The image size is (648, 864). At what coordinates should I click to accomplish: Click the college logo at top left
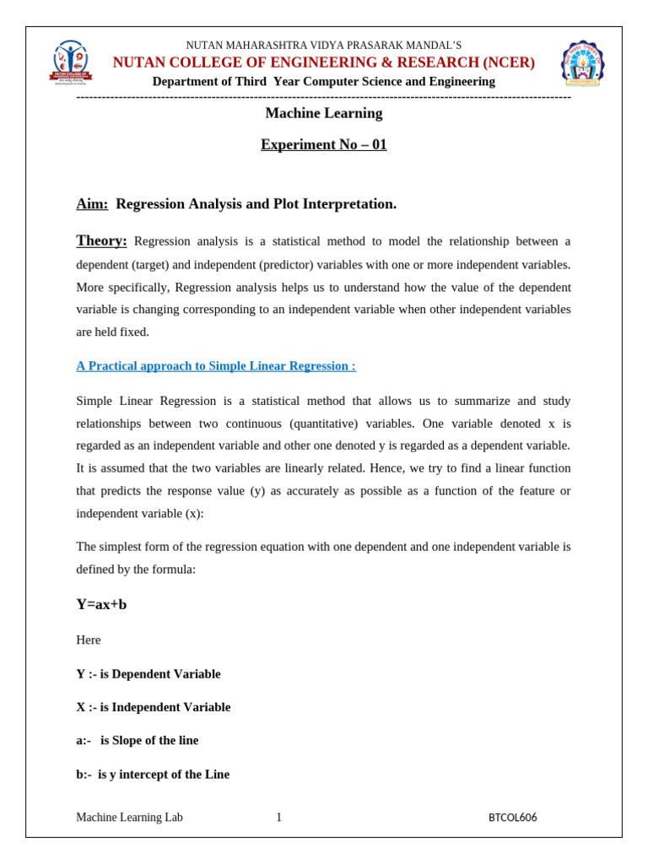(x=70, y=62)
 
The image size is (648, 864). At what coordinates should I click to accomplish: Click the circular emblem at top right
(x=582, y=63)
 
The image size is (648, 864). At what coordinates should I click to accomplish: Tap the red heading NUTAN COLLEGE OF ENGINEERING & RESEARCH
(x=323, y=62)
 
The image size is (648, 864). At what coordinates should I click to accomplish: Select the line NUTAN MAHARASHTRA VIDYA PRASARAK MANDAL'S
(x=323, y=45)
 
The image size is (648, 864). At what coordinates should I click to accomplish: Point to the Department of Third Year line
(x=323, y=81)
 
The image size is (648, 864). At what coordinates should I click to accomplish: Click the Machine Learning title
(x=323, y=113)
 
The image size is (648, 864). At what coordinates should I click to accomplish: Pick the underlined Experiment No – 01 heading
(x=323, y=144)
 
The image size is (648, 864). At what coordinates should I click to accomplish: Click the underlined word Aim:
(x=92, y=204)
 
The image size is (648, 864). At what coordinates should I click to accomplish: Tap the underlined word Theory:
(x=101, y=240)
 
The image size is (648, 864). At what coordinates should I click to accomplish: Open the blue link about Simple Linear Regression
(x=216, y=366)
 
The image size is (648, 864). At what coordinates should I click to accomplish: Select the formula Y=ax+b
(x=101, y=604)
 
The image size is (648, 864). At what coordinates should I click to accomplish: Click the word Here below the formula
(x=89, y=640)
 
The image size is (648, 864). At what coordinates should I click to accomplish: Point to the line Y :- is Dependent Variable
(x=148, y=674)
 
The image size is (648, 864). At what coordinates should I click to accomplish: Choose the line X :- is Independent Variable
(x=153, y=707)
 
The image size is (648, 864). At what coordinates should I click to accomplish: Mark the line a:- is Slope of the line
(x=138, y=740)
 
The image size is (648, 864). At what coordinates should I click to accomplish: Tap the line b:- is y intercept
(x=153, y=774)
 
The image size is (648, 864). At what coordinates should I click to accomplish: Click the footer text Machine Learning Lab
(x=129, y=818)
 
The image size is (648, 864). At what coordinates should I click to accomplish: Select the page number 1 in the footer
(x=278, y=818)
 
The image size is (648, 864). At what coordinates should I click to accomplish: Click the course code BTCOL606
(x=512, y=818)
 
